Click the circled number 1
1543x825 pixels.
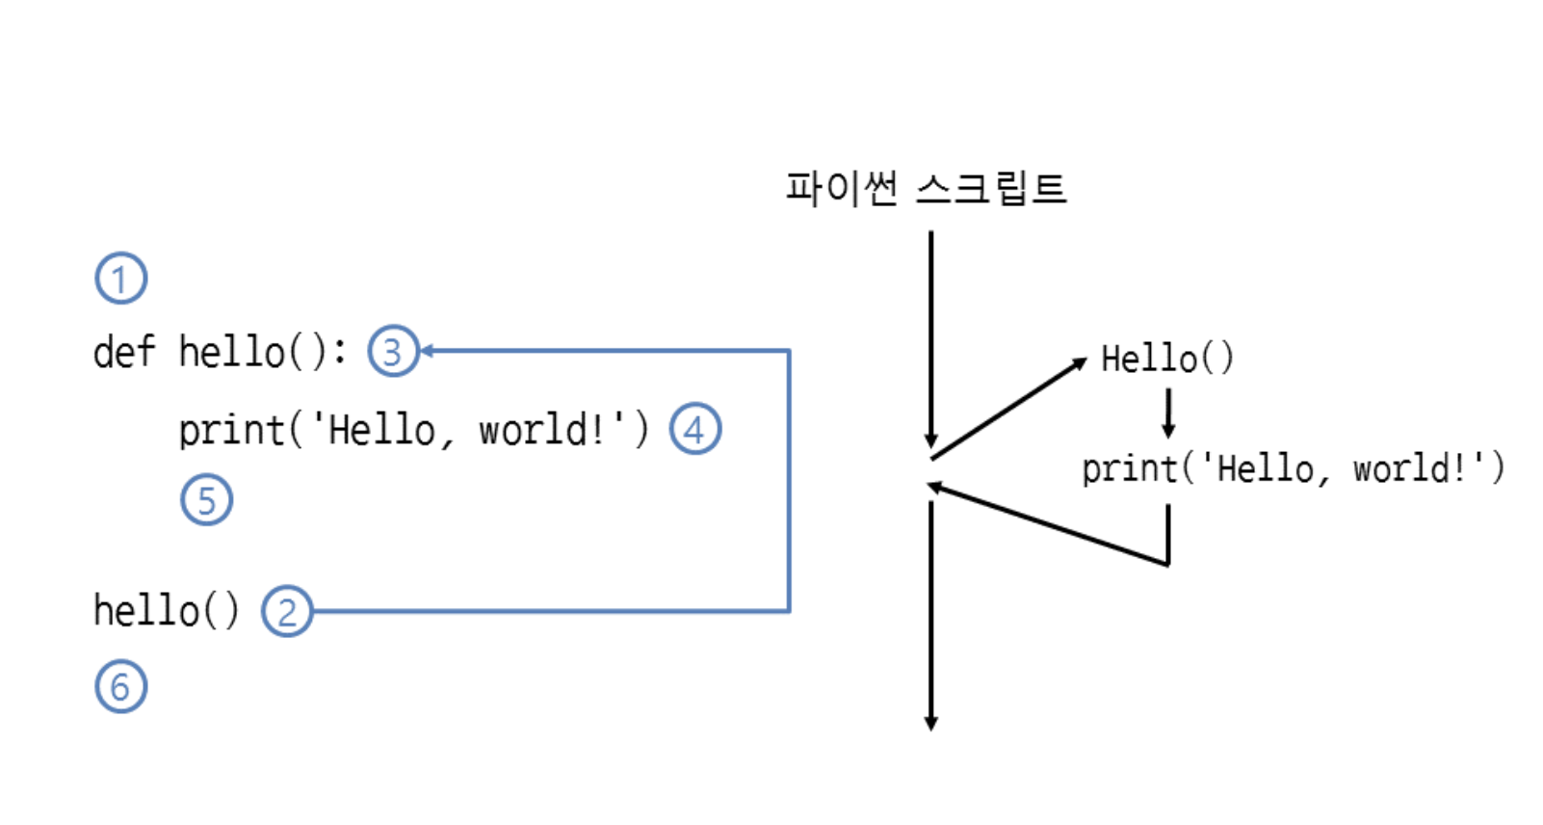120,279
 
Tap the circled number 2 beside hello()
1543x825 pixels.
287,611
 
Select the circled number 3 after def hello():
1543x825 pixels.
393,351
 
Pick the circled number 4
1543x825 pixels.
694,429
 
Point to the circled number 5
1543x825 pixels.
206,499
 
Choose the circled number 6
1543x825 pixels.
120,686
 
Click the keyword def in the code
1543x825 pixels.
123,352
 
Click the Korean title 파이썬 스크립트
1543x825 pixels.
925,188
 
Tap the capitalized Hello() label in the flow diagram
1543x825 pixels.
1166,359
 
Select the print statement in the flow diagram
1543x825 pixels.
1292,469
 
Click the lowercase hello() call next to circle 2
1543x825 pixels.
166,611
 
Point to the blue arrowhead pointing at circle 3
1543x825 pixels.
427,351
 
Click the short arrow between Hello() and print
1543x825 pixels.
1168,412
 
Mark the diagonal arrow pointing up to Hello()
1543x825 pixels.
1008,409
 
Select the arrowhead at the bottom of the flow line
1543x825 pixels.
930,723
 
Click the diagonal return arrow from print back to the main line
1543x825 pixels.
1048,524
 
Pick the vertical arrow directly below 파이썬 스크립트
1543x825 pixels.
930,337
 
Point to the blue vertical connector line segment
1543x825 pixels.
789,482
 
